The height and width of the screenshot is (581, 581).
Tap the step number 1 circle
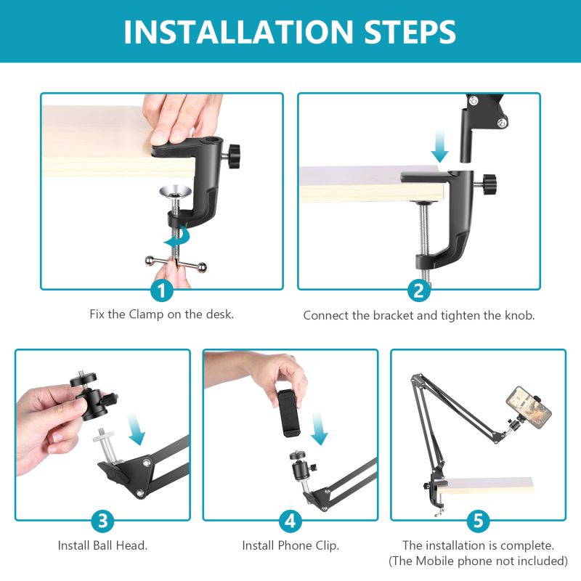coord(161,291)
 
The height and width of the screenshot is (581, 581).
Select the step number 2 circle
coord(418,291)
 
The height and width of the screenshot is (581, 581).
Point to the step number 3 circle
coord(103,520)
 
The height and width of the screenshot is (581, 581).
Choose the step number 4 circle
coord(290,520)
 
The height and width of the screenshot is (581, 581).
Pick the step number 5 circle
coord(477,520)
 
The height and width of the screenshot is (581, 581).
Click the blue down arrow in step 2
coord(439,150)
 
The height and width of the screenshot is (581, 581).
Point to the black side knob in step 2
coord(487,180)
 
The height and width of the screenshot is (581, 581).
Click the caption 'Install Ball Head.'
coord(102,544)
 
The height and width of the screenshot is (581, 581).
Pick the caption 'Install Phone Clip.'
coord(290,544)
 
